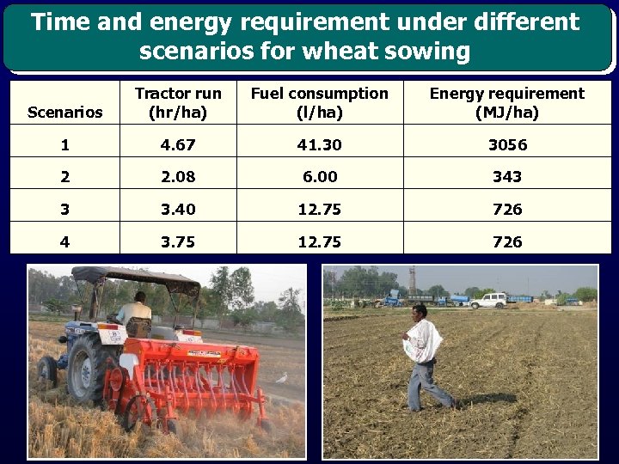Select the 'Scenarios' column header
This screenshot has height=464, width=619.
tap(64, 113)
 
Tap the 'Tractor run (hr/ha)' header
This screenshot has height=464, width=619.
tap(178, 103)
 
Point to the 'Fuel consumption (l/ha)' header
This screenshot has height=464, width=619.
tap(319, 103)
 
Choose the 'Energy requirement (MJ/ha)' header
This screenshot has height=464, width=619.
tap(506, 103)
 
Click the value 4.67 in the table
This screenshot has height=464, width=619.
tap(178, 145)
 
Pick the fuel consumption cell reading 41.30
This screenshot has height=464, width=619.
tap(319, 145)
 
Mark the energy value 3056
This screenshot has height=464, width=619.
tap(507, 145)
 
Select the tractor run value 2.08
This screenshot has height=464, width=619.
tap(178, 177)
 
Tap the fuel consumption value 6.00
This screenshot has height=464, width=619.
tap(319, 177)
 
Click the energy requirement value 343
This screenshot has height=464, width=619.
tap(507, 177)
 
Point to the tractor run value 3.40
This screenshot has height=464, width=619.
tap(178, 210)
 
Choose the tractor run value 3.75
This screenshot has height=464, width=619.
tap(178, 242)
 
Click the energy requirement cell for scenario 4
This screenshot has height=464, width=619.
tap(507, 242)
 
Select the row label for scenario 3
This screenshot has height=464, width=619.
tap(64, 210)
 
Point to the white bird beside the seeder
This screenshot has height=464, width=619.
tap(280, 377)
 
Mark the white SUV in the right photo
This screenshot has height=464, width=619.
tap(488, 300)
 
